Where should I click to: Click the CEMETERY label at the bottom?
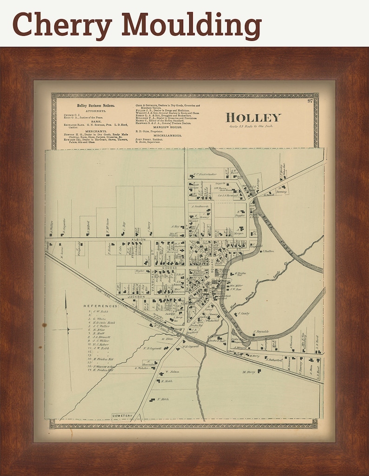(x=122, y=415)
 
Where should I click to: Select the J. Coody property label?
(x=244, y=313)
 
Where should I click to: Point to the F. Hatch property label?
(x=163, y=399)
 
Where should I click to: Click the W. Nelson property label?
(x=172, y=372)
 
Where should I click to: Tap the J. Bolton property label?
(x=269, y=251)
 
